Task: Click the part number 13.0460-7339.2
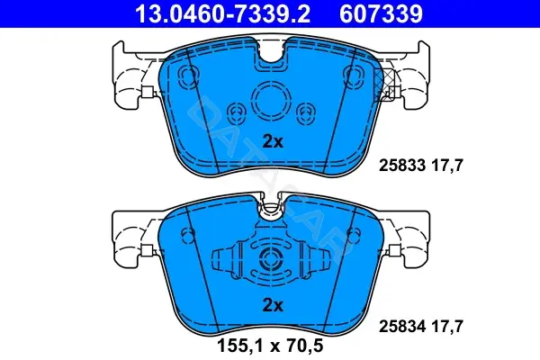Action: coord(222,13)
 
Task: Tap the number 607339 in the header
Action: coord(381,13)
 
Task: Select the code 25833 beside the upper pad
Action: coord(402,166)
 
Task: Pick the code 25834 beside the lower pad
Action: coord(402,326)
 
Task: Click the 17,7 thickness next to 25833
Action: coord(447,166)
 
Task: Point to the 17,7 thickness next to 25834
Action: coord(447,327)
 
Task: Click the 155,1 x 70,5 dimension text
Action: coord(270,346)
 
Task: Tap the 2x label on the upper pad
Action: coord(273,141)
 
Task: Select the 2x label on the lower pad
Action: coord(273,305)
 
